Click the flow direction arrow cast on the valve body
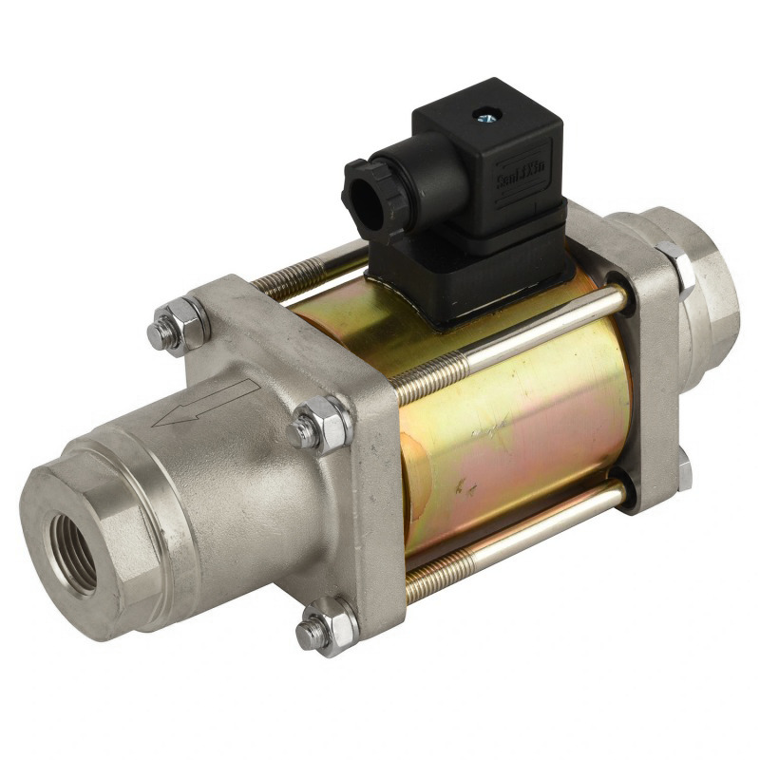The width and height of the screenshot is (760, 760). pos(204,403)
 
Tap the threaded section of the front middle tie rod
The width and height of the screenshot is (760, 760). pos(427,376)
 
